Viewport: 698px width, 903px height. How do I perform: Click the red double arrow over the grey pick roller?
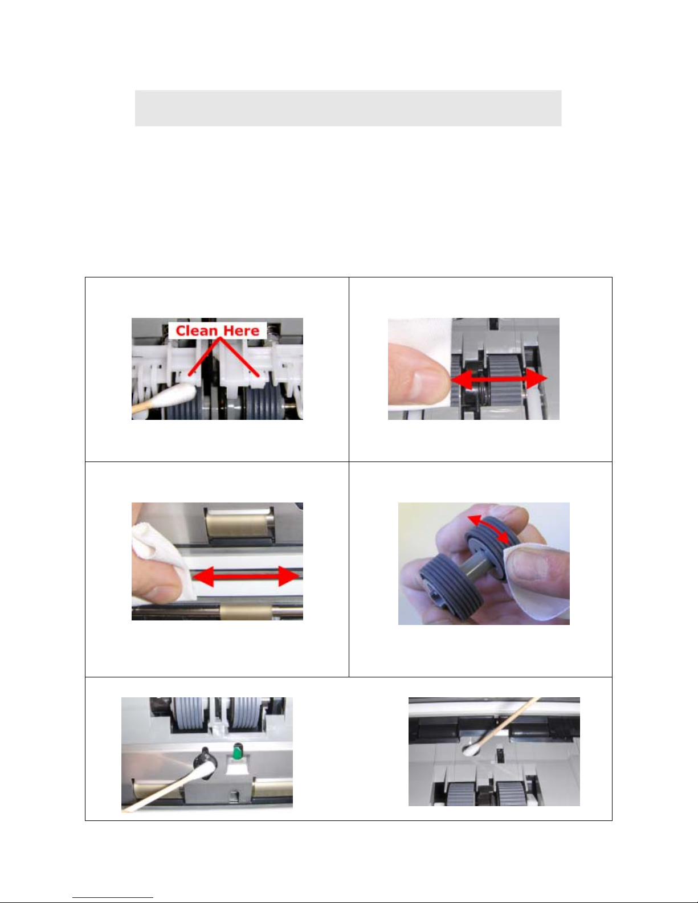click(x=499, y=378)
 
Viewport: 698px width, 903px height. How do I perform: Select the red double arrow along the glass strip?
click(x=246, y=577)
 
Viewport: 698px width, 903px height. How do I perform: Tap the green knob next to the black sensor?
click(x=237, y=751)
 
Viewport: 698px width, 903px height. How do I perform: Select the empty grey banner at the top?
click(x=348, y=108)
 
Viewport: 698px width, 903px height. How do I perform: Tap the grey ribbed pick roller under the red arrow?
click(x=505, y=378)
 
